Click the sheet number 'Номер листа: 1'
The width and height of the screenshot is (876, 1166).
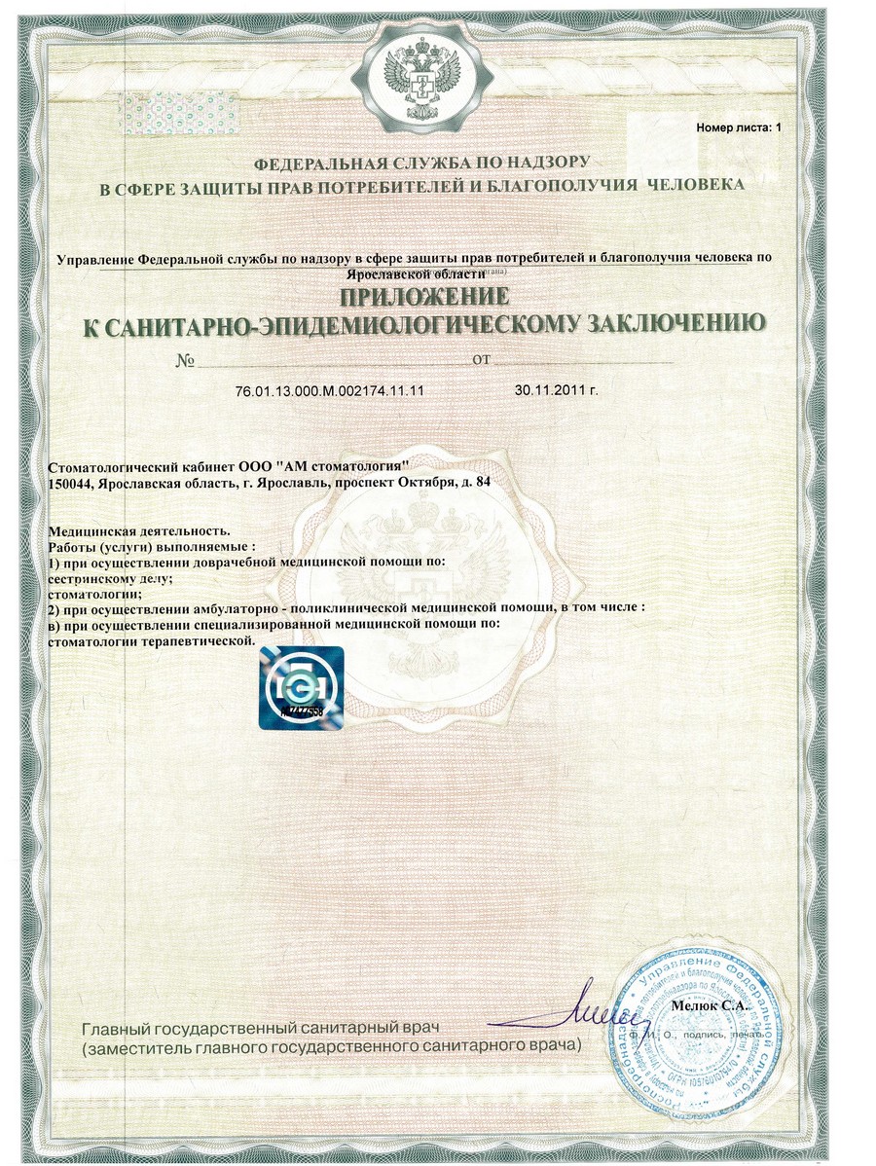pyautogui.click(x=738, y=128)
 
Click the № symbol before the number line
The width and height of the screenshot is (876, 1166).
pyautogui.click(x=187, y=361)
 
